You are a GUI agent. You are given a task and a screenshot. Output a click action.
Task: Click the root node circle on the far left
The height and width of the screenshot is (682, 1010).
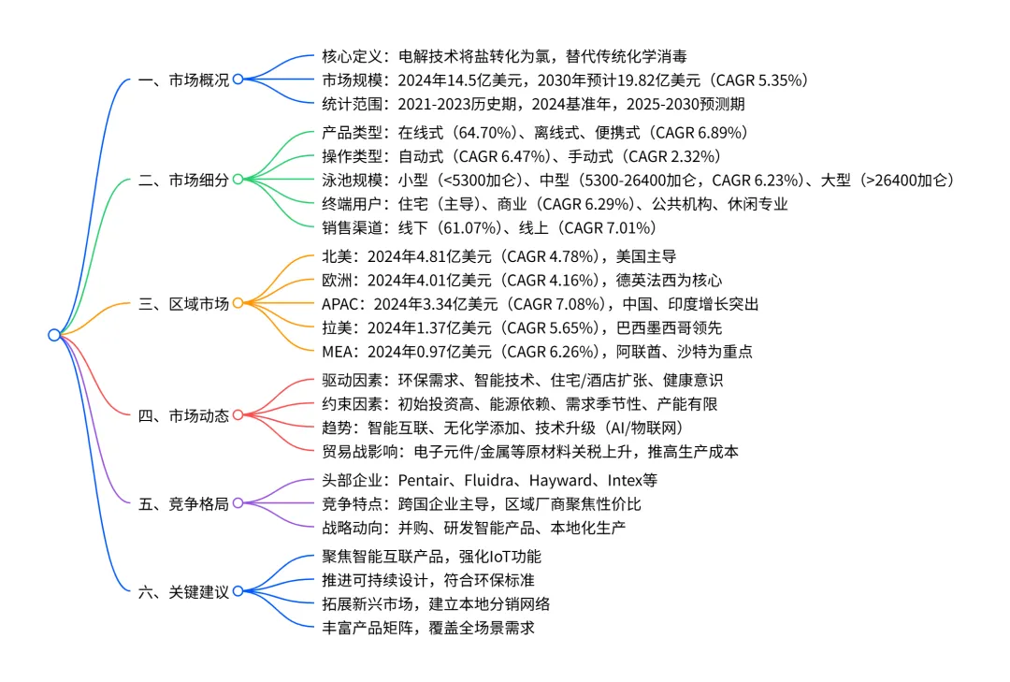[54, 335]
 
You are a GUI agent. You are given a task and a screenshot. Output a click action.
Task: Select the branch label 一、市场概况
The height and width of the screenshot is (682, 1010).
[183, 80]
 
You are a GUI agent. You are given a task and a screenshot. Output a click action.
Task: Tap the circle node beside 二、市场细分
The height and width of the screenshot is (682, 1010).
[238, 180]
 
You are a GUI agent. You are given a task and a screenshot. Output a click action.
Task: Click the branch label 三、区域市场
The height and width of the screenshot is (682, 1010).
[183, 303]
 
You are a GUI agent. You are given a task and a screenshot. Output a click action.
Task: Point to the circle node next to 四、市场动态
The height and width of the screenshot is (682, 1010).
[238, 415]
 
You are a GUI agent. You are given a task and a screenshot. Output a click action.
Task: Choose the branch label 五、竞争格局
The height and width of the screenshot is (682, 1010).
[183, 503]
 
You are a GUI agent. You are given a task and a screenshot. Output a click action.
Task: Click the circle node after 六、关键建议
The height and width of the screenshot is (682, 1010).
[238, 591]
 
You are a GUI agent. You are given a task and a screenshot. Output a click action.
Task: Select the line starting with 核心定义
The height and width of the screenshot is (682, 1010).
[505, 56]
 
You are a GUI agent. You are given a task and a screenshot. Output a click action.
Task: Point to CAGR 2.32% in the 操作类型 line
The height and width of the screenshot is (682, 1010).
[671, 155]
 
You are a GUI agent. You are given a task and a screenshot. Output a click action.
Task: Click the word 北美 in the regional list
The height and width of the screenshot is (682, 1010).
[335, 254]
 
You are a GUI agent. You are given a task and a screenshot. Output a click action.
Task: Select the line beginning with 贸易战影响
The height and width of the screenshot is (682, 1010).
[529, 451]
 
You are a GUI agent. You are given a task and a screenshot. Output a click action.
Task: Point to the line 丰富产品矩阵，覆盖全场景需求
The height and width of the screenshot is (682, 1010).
[428, 627]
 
